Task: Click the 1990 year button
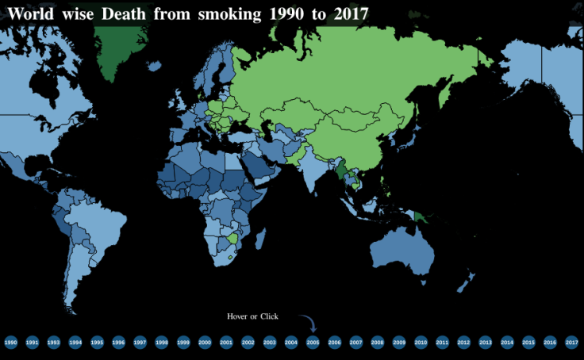coord(10,343)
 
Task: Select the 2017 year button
coord(571,343)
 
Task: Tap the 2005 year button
coord(313,343)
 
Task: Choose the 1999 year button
coord(183,343)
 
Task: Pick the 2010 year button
coord(421,343)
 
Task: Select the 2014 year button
coord(507,343)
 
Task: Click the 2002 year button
coord(248,343)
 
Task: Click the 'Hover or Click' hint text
coord(253,316)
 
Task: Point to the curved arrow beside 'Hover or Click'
coord(309,322)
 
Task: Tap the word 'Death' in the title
coord(124,13)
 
